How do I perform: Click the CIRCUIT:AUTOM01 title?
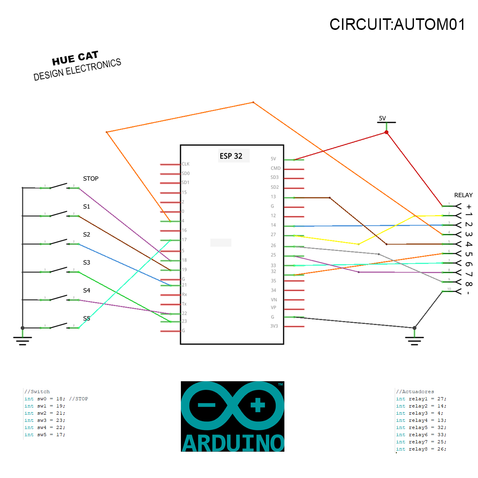coord(397,25)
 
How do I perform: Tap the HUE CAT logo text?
coord(75,59)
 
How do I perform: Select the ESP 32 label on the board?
coord(231,156)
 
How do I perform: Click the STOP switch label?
coord(91,178)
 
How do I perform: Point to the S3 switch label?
coord(86,263)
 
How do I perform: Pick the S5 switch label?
coord(86,318)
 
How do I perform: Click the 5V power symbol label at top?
coord(382,118)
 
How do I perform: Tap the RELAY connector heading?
coord(463,195)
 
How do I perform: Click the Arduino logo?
coord(233,416)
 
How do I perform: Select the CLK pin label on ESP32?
coord(186,164)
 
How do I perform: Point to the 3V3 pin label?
coord(274,326)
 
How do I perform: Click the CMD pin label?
coord(276,168)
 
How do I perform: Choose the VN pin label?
coord(274,300)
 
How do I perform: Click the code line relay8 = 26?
coord(421,449)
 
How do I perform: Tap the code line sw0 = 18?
coord(56,399)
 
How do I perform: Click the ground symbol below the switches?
coord(22,340)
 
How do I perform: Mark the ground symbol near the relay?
coord(414,340)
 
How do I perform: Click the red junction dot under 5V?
coord(386,132)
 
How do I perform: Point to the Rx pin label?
coord(184,294)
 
